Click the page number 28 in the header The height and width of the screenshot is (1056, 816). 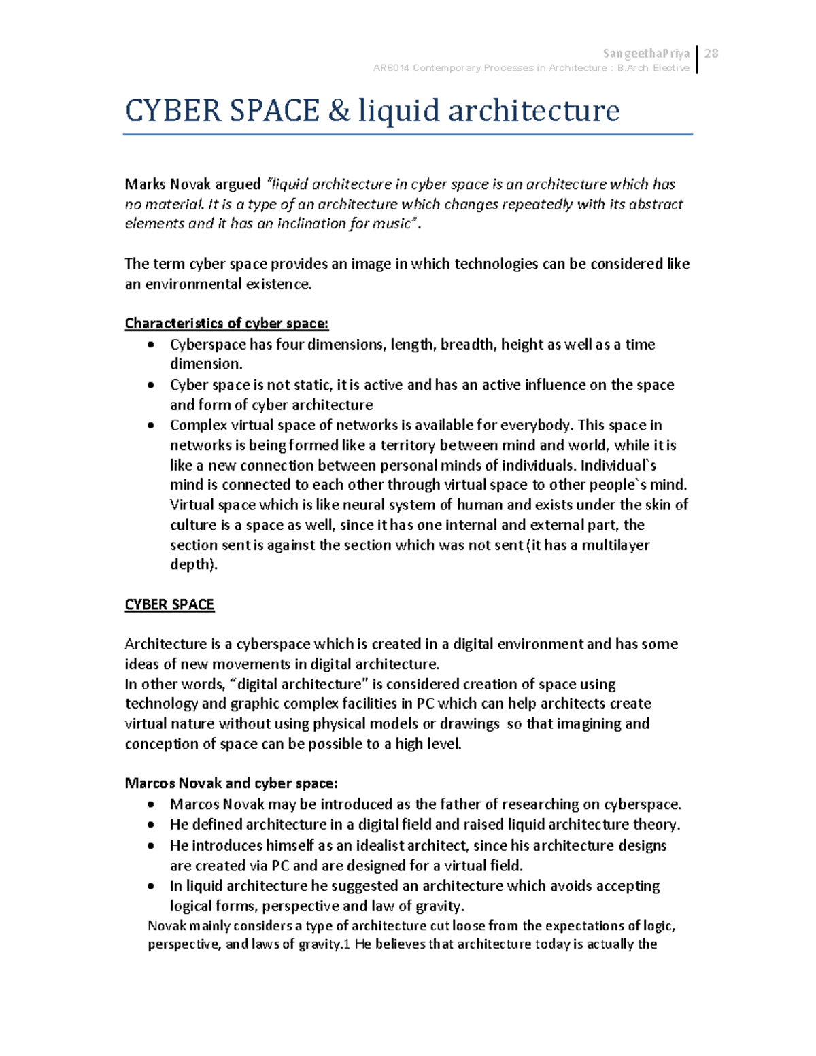pos(712,54)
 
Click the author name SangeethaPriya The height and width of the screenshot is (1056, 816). pos(646,54)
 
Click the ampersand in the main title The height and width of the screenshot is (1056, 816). pos(338,110)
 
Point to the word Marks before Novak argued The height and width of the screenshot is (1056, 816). pos(146,184)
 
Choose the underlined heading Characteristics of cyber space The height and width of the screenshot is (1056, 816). pos(226,324)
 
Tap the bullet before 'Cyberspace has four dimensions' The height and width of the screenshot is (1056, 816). pos(151,345)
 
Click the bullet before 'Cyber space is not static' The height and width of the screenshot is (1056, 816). pos(151,386)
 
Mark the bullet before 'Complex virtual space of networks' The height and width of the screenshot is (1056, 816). pos(151,426)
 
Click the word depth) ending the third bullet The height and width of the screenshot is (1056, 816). pos(193,565)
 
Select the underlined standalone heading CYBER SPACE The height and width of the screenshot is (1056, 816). pos(169,605)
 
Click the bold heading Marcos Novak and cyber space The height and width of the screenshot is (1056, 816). pos(231,783)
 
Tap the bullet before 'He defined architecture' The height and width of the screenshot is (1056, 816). pos(151,825)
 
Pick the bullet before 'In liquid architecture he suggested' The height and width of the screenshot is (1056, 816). pos(151,887)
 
